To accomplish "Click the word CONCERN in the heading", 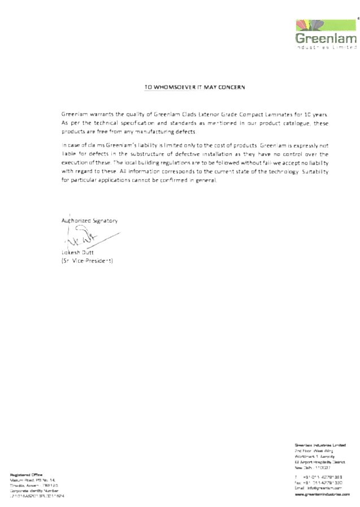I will coord(230,88).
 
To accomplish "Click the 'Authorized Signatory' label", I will coord(89,221).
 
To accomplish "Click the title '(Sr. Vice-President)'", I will coord(88,261).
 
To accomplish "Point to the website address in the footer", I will coord(319,493).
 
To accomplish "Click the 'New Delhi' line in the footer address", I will coord(313,467).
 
